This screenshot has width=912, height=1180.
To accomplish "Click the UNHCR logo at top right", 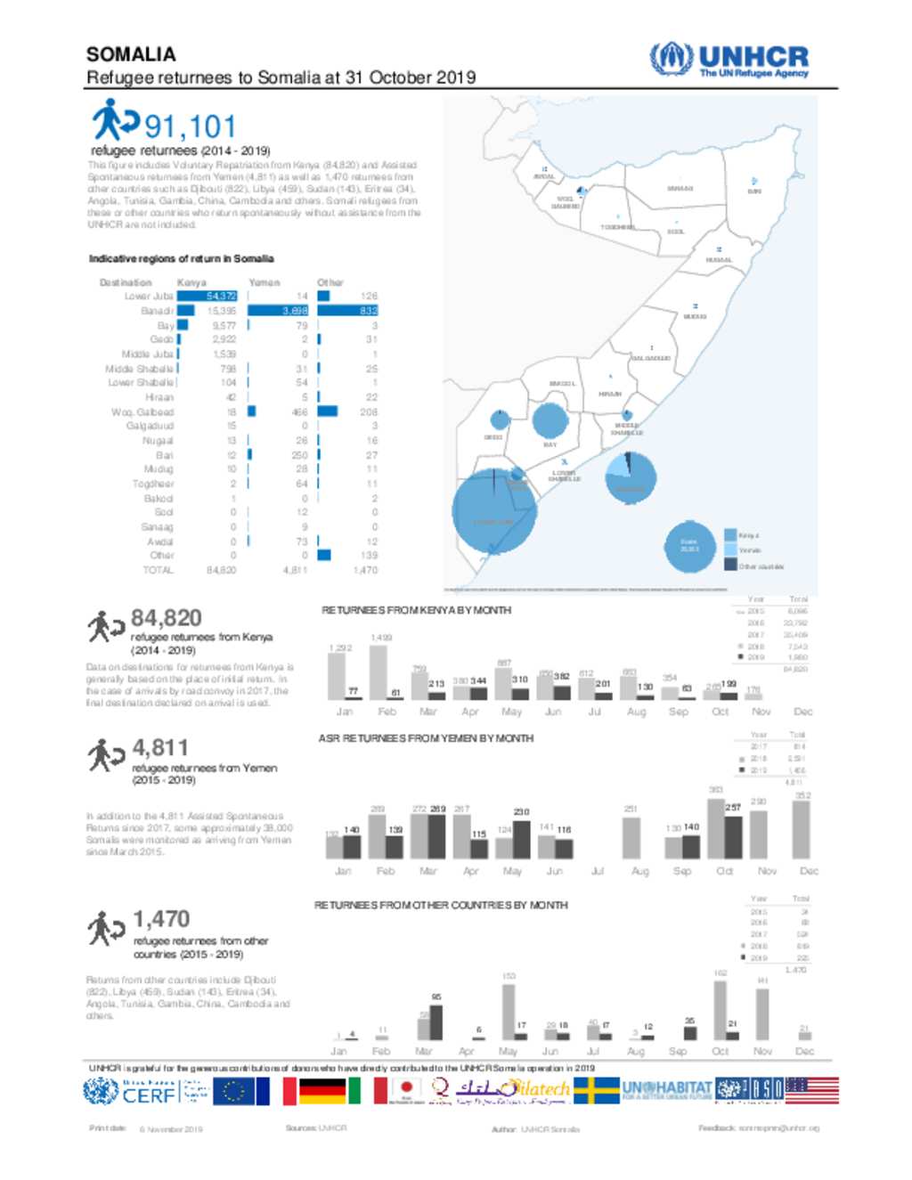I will pos(729,61).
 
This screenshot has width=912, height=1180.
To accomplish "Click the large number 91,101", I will pos(190,127).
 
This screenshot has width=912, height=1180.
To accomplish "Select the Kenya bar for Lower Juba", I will pos(207,296).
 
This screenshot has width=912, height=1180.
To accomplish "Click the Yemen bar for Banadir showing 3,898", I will pos(277,311).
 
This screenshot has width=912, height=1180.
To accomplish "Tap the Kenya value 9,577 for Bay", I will pos(224,326).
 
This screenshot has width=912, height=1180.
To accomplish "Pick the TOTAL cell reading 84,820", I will pos(221,570).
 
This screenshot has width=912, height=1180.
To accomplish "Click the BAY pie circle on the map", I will pos(550,420).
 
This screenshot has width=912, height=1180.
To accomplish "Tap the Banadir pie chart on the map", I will pos(631,477).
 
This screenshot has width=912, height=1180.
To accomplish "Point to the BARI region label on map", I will pos(753,191).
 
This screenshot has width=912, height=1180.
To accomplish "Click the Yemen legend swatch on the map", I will pos(730,550).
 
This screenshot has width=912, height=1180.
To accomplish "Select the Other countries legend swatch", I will pos(730,565).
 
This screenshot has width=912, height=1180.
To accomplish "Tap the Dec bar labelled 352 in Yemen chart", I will pos(801,828).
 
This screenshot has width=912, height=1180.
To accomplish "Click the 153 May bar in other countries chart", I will pos(508,1011).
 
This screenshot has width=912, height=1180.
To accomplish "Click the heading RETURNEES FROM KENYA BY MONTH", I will pos(416,610).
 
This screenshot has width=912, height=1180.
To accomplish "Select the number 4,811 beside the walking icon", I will pos(160,747).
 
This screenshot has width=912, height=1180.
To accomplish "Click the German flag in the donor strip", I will pos(322,1091).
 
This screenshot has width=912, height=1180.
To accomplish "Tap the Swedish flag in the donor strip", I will pos(596,1091).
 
